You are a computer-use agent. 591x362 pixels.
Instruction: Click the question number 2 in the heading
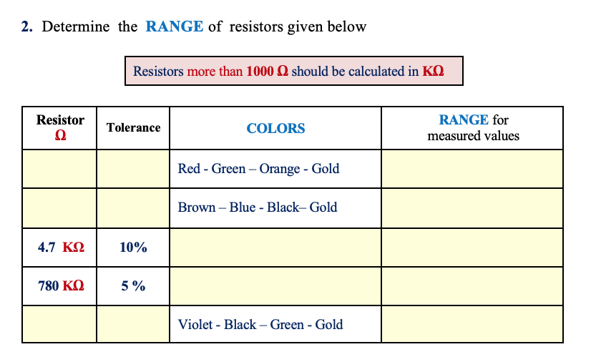(26, 27)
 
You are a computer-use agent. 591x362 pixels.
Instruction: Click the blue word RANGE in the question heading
(175, 27)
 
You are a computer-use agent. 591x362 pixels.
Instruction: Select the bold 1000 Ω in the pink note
(268, 72)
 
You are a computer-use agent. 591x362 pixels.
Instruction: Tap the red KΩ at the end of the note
(433, 72)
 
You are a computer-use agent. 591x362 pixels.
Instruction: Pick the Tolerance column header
(133, 127)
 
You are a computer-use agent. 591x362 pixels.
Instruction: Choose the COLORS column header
(275, 128)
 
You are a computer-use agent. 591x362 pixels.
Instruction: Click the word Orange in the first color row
(279, 169)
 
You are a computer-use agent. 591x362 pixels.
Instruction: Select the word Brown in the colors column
(197, 207)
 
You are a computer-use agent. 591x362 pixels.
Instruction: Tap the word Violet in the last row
(196, 325)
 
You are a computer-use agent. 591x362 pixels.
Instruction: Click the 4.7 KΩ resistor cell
(60, 248)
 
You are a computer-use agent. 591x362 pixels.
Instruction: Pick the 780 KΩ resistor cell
(60, 286)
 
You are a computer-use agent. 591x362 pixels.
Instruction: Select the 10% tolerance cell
(133, 248)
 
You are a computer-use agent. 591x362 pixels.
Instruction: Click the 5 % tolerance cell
(133, 286)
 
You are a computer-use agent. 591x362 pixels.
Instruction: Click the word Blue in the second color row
(243, 207)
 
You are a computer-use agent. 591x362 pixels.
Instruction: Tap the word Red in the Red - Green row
(189, 169)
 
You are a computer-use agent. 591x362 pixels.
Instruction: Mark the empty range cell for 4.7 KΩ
(472, 248)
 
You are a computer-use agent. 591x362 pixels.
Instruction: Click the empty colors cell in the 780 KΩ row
(275, 286)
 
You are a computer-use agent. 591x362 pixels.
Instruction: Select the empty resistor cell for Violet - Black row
(60, 324)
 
